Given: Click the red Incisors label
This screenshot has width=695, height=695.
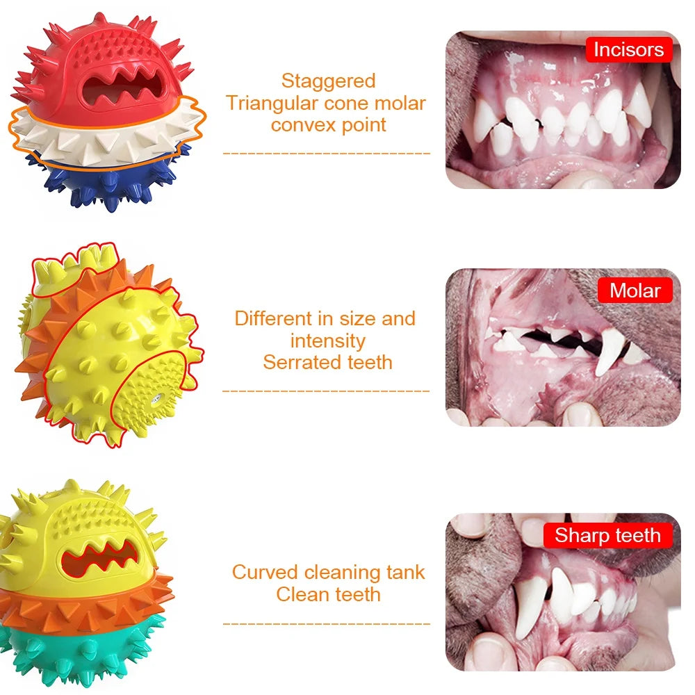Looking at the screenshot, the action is click(x=629, y=49).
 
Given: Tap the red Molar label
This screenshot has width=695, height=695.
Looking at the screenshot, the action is click(x=635, y=291).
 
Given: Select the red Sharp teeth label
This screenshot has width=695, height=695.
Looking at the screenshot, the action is click(x=607, y=535).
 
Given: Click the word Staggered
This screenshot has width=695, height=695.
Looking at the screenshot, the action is click(x=329, y=81).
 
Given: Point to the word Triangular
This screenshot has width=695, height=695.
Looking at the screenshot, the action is click(x=272, y=104).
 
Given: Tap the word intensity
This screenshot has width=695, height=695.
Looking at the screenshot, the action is click(x=327, y=341).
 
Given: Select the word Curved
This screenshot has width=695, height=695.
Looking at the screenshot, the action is click(x=265, y=572).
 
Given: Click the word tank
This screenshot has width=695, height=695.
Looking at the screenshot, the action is click(x=406, y=572).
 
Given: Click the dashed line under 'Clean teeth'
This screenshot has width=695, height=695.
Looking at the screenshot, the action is click(x=326, y=623).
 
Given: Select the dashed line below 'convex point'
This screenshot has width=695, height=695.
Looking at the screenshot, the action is click(x=326, y=154).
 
